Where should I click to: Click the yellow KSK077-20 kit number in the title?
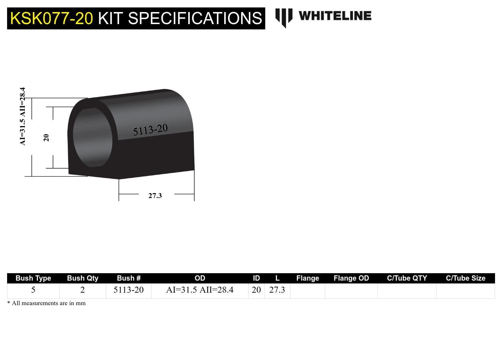(51, 18)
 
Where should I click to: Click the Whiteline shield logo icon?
(284, 17)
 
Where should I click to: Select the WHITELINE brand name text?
(335, 16)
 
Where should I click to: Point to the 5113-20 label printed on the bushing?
(150, 130)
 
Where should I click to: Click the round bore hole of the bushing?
(93, 137)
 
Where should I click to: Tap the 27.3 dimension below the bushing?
(155, 196)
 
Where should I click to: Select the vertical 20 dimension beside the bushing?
(46, 137)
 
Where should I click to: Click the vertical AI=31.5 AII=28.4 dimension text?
(23, 116)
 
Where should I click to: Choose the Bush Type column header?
(33, 278)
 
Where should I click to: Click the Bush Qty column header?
(83, 278)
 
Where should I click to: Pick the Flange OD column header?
(351, 278)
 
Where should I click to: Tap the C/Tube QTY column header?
(407, 278)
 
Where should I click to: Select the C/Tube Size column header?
(465, 278)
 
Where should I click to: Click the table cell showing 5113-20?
(128, 290)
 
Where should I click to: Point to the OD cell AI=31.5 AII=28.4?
(200, 290)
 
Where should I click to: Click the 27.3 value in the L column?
(277, 290)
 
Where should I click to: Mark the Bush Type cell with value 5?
(33, 290)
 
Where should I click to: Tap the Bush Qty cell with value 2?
(83, 290)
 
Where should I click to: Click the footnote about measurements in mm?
(46, 303)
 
